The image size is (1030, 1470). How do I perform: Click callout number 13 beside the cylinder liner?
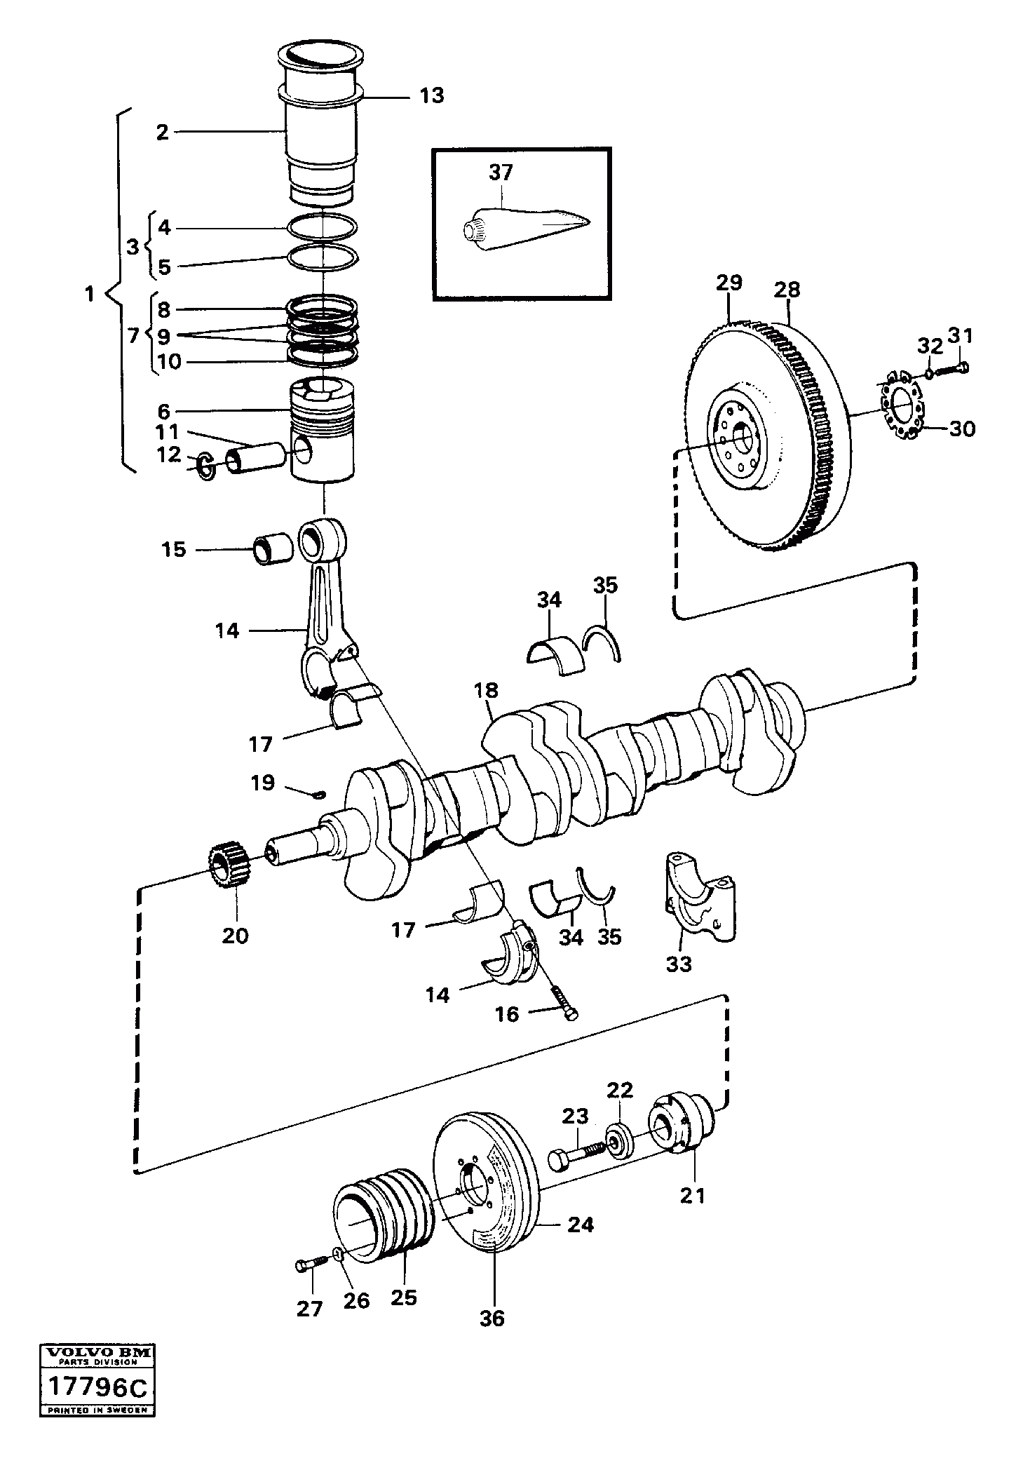tap(432, 95)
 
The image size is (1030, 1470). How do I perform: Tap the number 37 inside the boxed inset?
tap(501, 173)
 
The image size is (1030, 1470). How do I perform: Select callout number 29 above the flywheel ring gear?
tap(729, 283)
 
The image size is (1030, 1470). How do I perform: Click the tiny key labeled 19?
tap(319, 794)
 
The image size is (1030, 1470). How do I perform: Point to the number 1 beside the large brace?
tap(89, 295)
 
